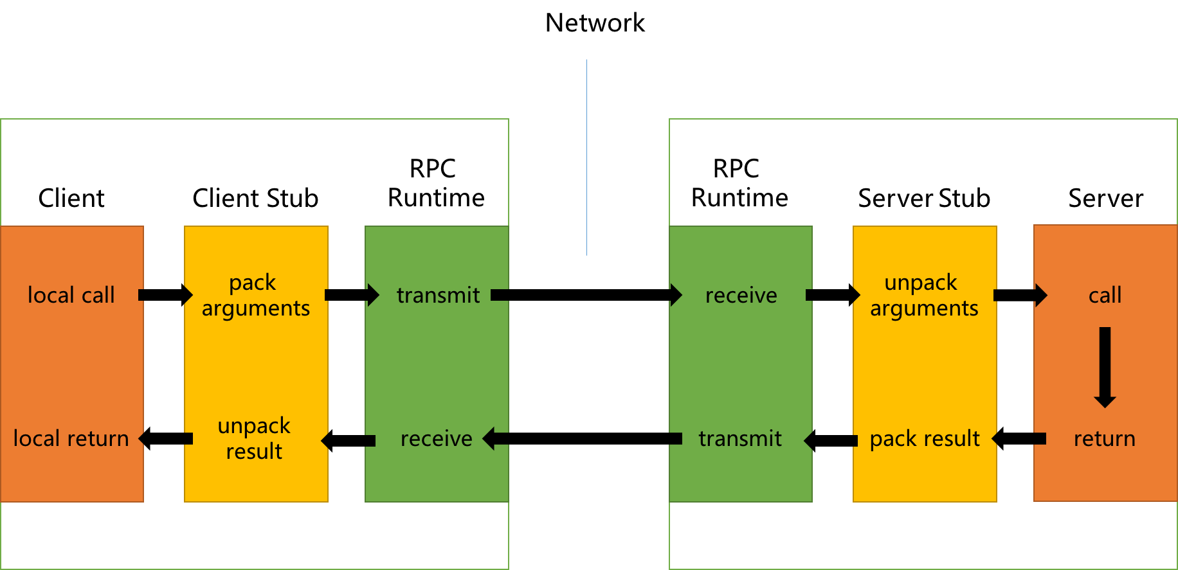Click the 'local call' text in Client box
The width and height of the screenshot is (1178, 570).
tap(71, 295)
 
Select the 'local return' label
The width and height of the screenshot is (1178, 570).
tap(71, 438)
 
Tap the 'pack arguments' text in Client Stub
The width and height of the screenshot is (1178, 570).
tap(255, 295)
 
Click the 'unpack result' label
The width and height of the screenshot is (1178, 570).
tap(254, 438)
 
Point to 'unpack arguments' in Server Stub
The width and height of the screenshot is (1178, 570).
tap(923, 295)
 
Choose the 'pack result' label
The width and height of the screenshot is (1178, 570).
tap(924, 438)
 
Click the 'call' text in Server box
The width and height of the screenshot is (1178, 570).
tap(1105, 295)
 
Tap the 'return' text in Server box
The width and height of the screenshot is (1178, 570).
tap(1104, 438)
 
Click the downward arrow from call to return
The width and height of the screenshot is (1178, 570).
tap(1105, 366)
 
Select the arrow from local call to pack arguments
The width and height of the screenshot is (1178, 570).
tap(165, 295)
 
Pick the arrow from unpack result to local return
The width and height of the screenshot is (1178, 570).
tap(166, 438)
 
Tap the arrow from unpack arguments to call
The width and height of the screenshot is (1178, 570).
tap(1020, 295)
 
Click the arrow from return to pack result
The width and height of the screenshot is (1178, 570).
tap(1019, 439)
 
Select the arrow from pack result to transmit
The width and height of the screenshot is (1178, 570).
tap(831, 440)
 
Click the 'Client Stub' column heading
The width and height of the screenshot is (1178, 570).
tap(255, 198)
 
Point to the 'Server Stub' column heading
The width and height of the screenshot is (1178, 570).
tap(923, 198)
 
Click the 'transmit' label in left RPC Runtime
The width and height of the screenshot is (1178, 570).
tap(438, 295)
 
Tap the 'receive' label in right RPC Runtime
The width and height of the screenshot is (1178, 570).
tap(741, 295)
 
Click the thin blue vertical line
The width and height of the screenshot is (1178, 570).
tap(586, 157)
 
